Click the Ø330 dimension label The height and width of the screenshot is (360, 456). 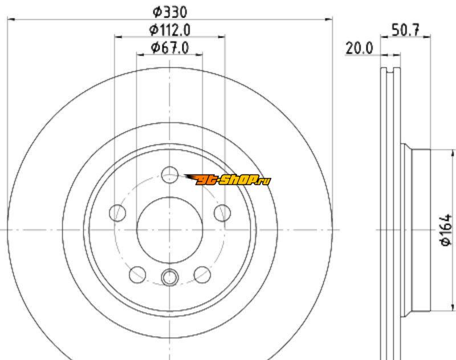coord(170,11)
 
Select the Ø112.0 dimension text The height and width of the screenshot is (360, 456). coord(170,30)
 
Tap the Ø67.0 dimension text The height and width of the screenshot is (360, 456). coord(170,47)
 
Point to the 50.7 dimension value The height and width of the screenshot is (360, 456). coord(406,30)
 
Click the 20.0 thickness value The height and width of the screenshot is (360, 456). coord(359,48)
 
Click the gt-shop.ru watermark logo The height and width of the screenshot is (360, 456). coord(227,180)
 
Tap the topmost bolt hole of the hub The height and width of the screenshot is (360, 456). coord(170,175)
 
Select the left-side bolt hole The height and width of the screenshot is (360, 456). coord(117,213)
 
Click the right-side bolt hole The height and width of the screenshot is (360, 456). coord(222,213)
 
